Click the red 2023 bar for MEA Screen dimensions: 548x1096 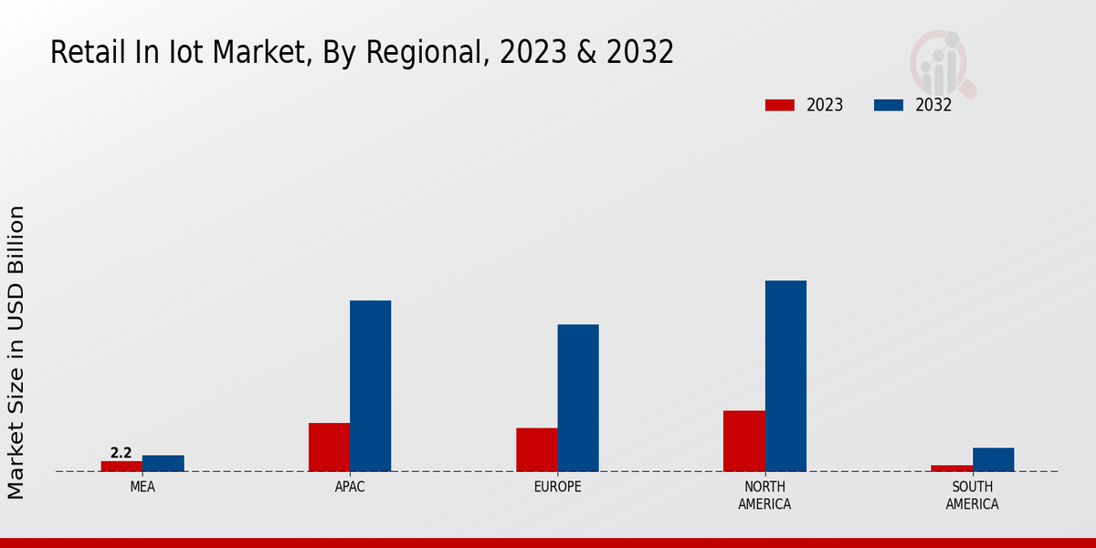(x=121, y=466)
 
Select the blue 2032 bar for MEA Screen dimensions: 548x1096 (x=163, y=463)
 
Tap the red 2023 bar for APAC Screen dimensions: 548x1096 (x=329, y=447)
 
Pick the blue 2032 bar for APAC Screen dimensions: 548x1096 (x=370, y=385)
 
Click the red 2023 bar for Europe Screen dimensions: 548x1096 (x=536, y=449)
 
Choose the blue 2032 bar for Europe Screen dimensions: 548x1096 (x=578, y=397)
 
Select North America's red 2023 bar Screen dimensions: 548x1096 (x=743, y=440)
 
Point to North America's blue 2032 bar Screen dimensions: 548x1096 (x=785, y=375)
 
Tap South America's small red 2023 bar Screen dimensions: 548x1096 (x=952, y=468)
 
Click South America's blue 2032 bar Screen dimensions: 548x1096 (x=993, y=459)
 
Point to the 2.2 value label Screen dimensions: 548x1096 (x=121, y=453)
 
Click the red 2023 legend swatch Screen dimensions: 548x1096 (x=780, y=105)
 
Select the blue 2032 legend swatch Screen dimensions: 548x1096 (x=888, y=105)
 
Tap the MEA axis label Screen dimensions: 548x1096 (x=142, y=487)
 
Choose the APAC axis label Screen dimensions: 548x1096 (x=350, y=487)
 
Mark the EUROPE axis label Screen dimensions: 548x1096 (x=557, y=487)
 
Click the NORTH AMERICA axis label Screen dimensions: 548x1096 (x=764, y=495)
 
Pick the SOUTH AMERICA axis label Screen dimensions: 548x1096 (x=972, y=495)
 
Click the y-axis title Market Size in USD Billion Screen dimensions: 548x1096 (x=16, y=352)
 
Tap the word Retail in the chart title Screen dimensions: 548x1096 (x=84, y=53)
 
